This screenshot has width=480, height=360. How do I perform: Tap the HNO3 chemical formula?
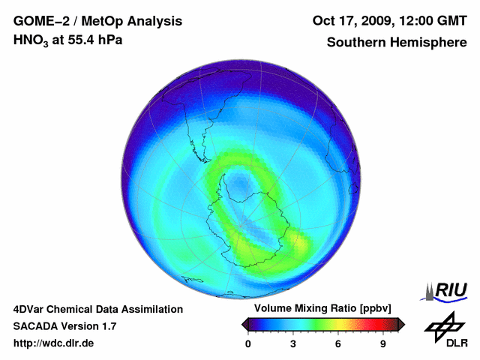coord(32,40)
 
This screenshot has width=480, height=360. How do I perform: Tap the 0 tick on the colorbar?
coord(248,343)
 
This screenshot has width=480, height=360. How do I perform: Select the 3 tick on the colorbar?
coord(293,343)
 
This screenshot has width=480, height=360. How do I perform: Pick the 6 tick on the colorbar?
coord(338,343)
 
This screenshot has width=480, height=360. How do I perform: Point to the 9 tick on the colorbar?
coord(382,343)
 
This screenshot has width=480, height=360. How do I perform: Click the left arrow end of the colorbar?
coord(244,324)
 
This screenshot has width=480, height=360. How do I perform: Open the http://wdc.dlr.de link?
coord(54,343)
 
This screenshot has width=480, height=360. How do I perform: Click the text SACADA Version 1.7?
coord(64,326)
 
